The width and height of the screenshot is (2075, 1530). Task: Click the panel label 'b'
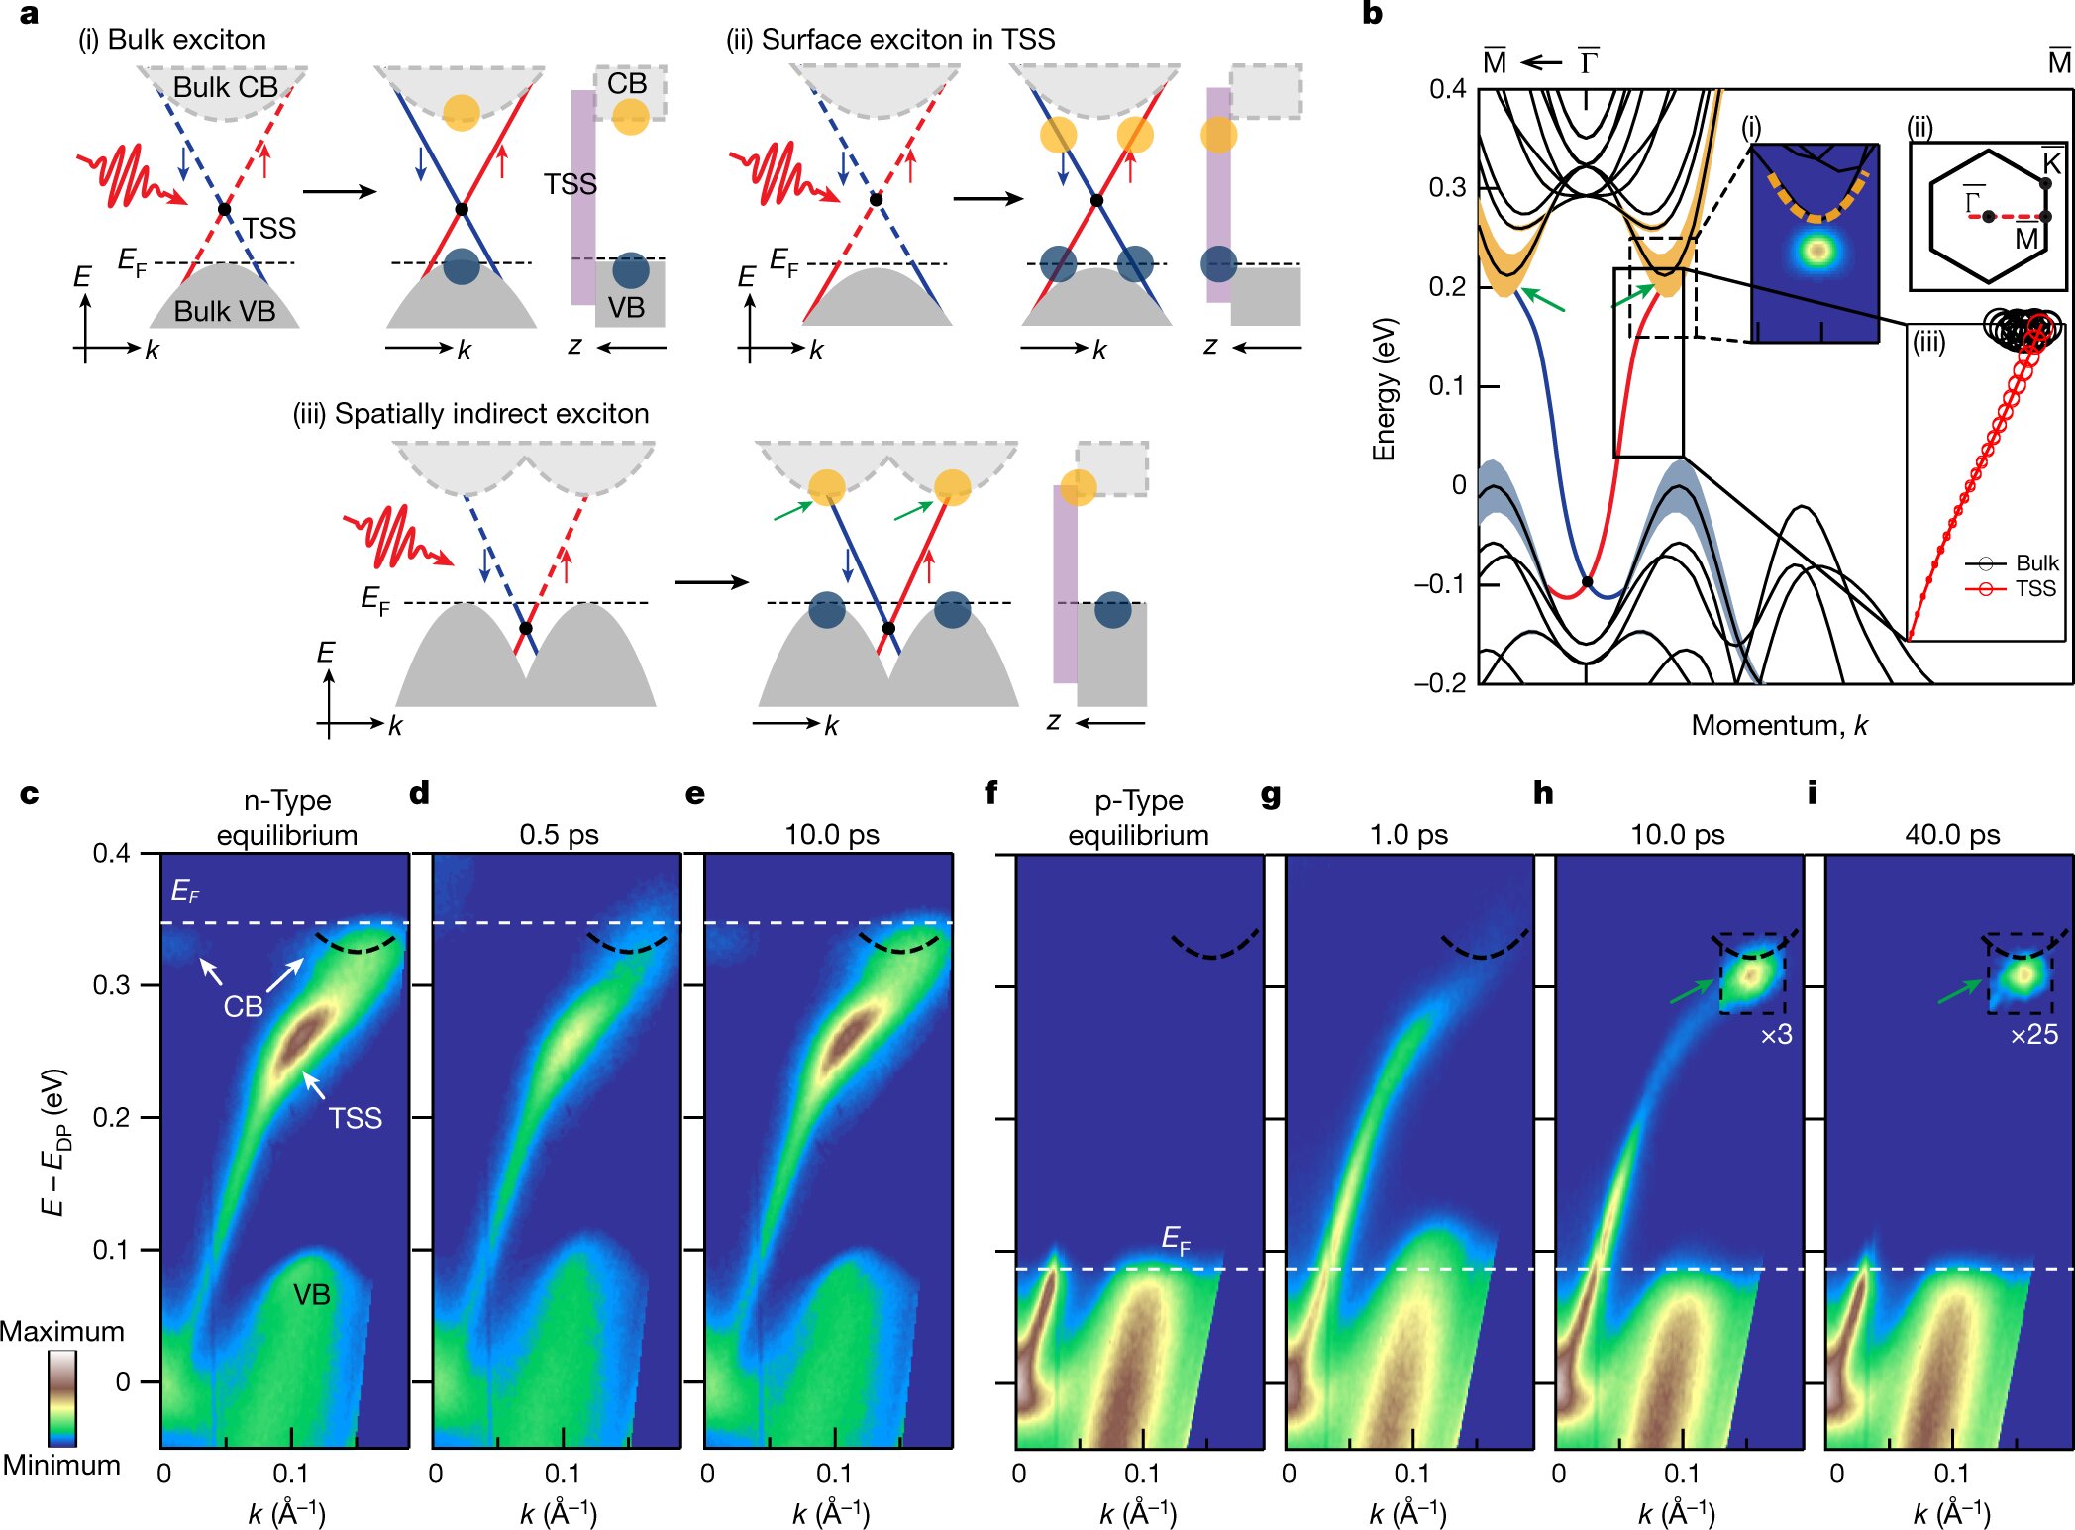pos(1372,14)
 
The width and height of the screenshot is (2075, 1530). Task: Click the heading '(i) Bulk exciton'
pos(172,40)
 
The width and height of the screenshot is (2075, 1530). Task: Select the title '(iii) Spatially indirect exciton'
pos(470,414)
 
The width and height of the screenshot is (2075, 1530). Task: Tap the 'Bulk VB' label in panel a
pos(225,311)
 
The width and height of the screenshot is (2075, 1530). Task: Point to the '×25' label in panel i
pos(2033,1035)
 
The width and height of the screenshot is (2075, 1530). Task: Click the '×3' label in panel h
pos(1776,1035)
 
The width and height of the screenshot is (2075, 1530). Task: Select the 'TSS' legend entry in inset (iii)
pos(2035,589)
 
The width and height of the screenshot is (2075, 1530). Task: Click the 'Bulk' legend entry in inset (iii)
pos(2036,562)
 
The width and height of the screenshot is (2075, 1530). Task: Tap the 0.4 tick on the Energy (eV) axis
pos(1447,89)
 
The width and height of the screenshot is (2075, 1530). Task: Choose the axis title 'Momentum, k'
pos(1779,725)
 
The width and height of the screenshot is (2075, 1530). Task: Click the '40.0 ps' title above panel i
pos(1952,835)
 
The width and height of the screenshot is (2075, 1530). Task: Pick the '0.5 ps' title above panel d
pos(559,835)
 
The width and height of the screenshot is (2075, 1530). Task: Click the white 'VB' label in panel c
pos(311,1294)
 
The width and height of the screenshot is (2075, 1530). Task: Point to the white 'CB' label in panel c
pos(243,1007)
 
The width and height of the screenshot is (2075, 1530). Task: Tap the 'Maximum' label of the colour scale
pos(61,1331)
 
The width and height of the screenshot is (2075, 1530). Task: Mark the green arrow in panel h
pos(1693,990)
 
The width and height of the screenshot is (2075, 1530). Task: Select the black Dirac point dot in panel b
pos(1587,582)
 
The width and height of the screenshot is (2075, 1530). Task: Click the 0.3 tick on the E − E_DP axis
pos(111,985)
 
